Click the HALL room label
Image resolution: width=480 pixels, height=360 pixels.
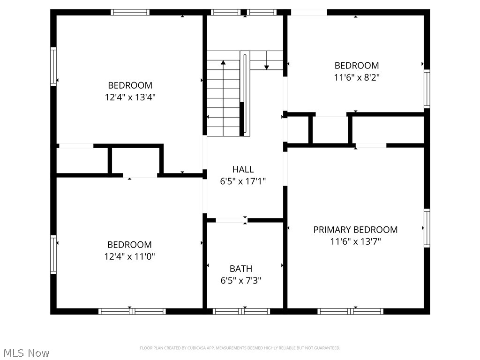[243, 169]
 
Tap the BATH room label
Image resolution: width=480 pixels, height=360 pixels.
[241, 269]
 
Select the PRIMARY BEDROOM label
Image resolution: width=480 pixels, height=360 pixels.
[355, 230]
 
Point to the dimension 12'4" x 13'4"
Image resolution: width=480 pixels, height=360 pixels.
[130, 97]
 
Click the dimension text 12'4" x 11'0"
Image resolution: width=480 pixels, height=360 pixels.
[130, 256]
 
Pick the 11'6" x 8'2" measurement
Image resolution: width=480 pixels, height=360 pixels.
[356, 78]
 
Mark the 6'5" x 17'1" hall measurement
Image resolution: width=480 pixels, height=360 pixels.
[243, 181]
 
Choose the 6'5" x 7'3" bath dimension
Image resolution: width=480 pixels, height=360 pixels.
[241, 281]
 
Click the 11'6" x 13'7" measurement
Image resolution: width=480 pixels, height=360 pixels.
[355, 242]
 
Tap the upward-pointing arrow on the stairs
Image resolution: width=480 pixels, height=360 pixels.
[224, 62]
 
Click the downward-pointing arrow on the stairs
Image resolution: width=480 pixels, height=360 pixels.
[267, 67]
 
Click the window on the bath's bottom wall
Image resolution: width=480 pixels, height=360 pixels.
[241, 311]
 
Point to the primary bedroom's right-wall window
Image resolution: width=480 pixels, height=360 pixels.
[427, 228]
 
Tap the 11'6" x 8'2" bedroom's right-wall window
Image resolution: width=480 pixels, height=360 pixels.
[427, 89]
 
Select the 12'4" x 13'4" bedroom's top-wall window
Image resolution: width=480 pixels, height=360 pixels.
[130, 12]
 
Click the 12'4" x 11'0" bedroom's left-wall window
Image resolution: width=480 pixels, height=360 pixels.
[53, 255]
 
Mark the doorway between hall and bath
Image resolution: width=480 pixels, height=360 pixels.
[231, 220]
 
